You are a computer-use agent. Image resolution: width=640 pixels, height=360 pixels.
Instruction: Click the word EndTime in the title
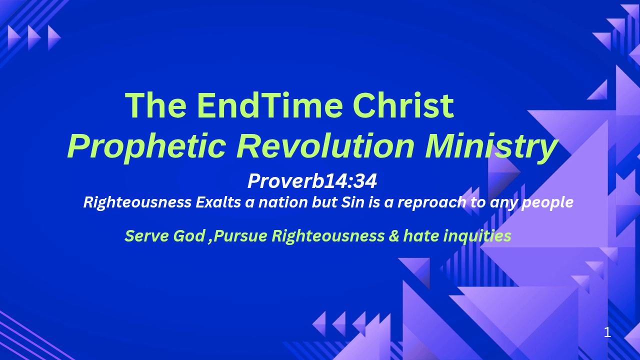(269, 105)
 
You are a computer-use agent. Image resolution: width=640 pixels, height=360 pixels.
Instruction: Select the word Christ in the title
(403, 105)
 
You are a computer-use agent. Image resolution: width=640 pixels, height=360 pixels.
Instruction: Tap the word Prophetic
(147, 147)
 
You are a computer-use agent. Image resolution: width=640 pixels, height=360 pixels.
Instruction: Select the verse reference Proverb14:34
(312, 181)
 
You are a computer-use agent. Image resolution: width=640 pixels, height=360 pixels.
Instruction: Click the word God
(189, 236)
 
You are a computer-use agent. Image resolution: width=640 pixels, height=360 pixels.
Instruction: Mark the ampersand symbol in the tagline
(393, 236)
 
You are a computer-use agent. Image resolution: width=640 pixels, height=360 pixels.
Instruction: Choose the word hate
(421, 236)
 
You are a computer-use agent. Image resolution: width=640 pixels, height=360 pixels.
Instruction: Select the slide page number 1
(607, 332)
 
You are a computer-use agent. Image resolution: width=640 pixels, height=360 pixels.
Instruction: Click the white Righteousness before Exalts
(137, 203)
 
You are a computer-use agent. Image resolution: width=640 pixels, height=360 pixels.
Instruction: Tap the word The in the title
(155, 105)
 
